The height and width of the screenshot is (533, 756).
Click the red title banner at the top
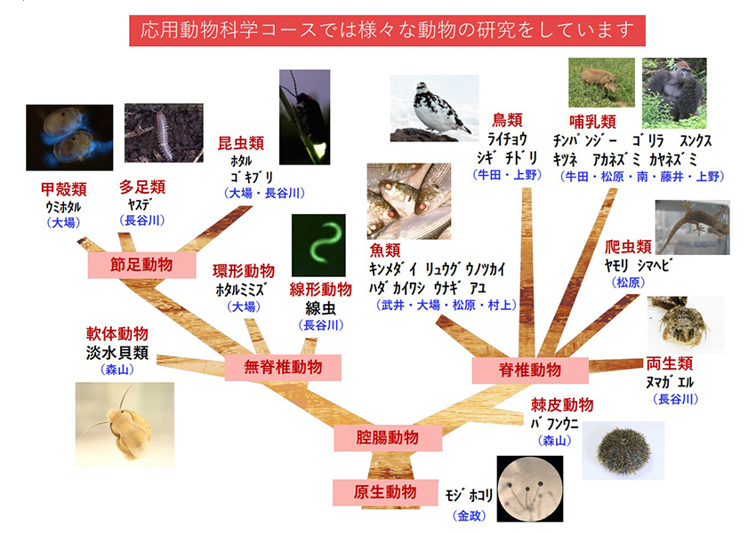pos(387,31)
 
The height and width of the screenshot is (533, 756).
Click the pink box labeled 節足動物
pos(141,266)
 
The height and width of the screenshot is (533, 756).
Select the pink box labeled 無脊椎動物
pos(283,368)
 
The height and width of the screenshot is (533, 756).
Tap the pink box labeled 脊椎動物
pos(530,370)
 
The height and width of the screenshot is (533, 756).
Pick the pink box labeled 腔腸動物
pos(388,438)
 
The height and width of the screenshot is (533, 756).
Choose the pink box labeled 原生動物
pos(385,492)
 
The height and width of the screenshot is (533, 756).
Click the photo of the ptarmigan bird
pos(434,108)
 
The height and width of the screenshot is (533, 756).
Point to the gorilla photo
pos(674,93)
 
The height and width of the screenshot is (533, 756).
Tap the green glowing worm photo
pos(318,245)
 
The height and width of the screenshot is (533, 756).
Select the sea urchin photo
pos(623,450)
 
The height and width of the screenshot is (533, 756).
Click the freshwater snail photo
pos(125,425)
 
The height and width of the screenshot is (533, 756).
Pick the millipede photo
pos(164,133)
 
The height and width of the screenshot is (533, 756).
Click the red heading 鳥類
pos(507,120)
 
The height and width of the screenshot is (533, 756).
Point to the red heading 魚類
pos(385,251)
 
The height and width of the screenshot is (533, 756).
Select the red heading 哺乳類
pos(592,122)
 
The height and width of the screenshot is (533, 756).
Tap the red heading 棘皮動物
pos(562,405)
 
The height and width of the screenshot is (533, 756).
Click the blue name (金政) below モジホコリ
pos(469,515)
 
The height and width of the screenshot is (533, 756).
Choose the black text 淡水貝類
pos(117,353)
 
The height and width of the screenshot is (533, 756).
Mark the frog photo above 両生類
pos(686,325)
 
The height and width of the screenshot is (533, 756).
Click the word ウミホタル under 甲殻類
pos(63,207)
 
